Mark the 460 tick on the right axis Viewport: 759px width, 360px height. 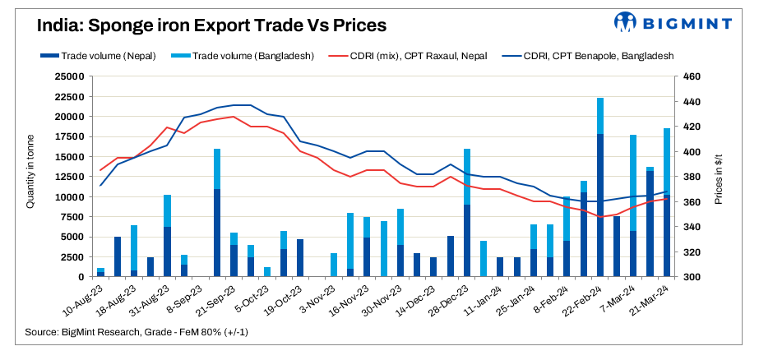[689, 76]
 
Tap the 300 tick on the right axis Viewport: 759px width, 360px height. [689, 277]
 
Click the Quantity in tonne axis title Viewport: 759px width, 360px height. [30, 176]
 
